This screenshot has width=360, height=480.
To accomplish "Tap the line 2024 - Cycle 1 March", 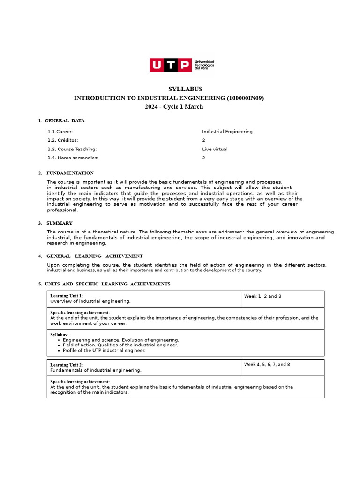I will click(174, 107).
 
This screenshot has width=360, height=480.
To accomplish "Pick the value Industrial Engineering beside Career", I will click(227, 132).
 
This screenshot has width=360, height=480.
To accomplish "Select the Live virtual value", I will click(215, 149).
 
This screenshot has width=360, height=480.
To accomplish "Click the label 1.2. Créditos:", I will click(63, 140).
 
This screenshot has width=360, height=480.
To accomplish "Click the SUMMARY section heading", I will click(59, 223).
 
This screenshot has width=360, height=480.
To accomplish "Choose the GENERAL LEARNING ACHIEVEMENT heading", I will click(95, 256).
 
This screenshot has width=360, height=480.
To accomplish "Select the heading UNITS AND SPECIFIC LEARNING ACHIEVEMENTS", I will click(107, 284).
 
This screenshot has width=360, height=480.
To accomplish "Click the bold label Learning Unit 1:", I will click(67, 296).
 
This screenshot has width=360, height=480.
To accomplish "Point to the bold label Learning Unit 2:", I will click(67, 365).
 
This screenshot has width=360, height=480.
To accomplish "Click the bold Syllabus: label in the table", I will click(59, 335).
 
